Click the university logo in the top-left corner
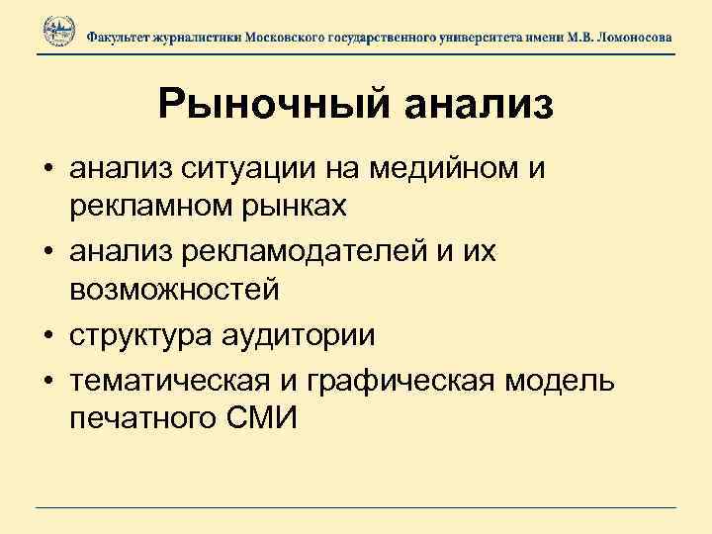pos(58,33)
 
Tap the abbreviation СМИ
pos(261,416)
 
